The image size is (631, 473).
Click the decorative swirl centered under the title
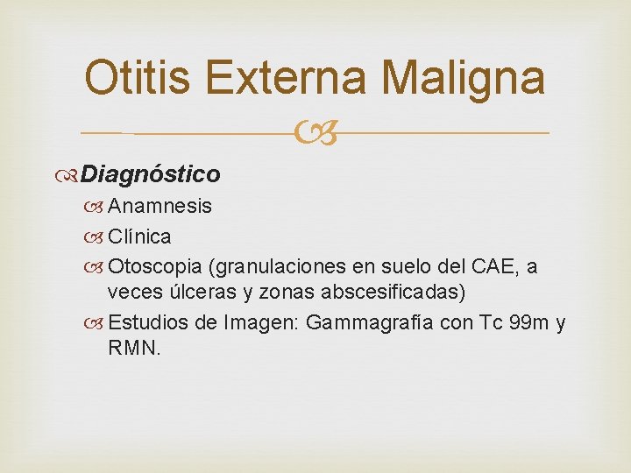point(315,133)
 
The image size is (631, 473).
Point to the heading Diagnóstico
point(150,174)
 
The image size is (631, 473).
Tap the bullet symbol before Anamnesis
point(96,207)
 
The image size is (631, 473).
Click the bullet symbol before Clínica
point(96,237)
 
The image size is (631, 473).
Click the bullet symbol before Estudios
point(96,323)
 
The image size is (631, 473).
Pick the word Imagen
point(261,322)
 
